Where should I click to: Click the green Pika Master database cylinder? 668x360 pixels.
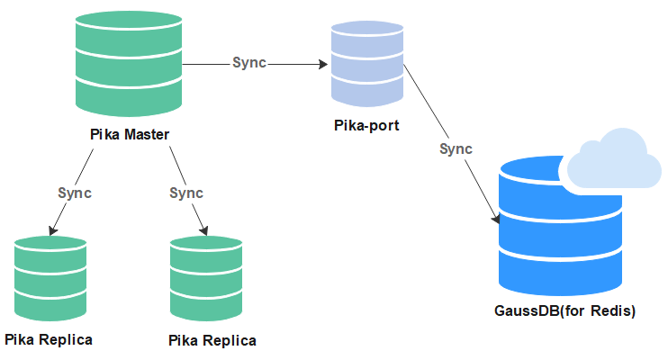pos(129,64)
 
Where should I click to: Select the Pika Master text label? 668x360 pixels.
pos(130,135)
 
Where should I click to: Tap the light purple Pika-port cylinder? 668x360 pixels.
pos(367,64)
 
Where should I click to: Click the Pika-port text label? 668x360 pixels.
pos(366,126)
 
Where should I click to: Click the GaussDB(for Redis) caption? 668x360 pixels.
pos(564,311)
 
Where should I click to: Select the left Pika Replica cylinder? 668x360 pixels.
pos(50,279)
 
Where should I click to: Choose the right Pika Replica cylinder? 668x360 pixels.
pos(206,279)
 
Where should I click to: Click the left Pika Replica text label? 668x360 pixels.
pos(49,340)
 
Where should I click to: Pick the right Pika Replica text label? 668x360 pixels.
pos(212,341)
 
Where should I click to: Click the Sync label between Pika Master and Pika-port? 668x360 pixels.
pos(249,63)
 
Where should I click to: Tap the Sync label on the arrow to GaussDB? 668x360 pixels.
pos(456,149)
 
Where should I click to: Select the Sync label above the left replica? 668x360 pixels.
pos(75,193)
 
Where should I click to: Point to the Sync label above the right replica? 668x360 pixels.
pos(186,193)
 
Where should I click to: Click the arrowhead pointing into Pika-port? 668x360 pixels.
pos(323,64)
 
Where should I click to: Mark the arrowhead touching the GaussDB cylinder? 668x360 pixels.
pos(496,219)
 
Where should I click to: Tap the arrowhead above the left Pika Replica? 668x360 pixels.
pos(52,230)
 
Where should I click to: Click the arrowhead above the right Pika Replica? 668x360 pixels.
pos(204,230)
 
